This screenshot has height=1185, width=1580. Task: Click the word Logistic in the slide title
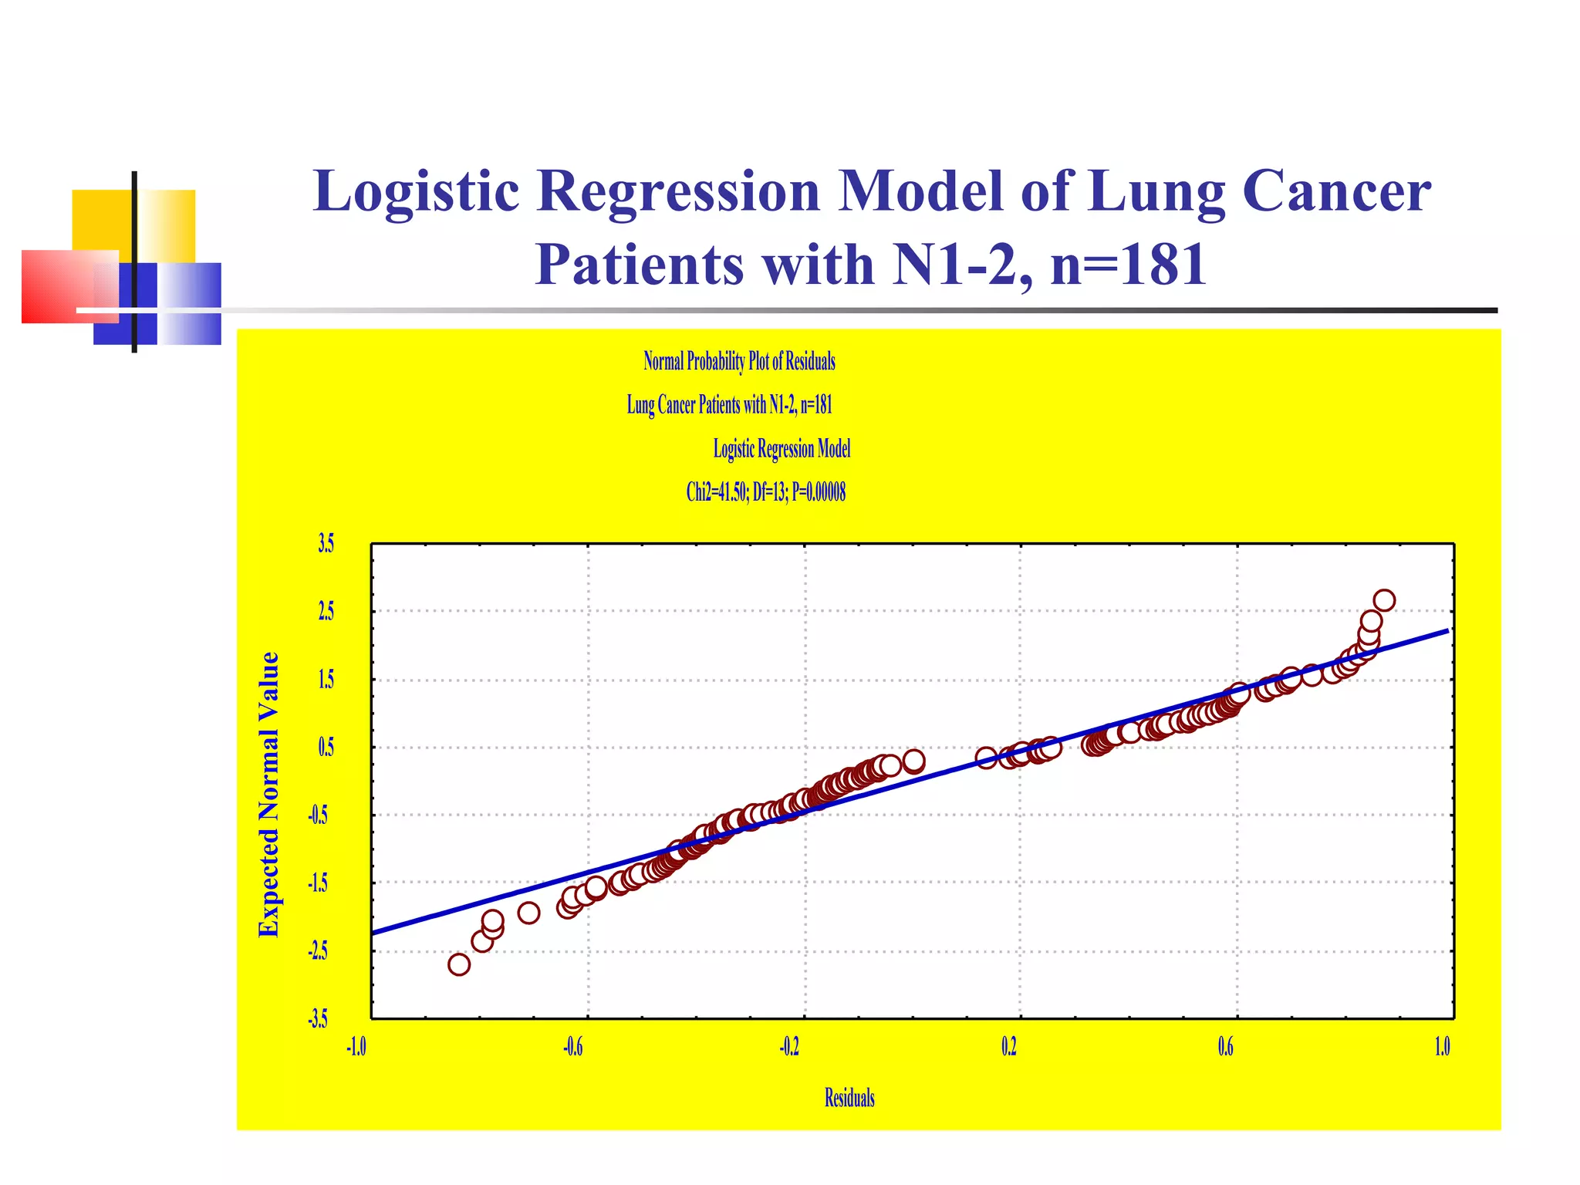[416, 191]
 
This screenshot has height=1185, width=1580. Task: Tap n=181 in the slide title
[1128, 265]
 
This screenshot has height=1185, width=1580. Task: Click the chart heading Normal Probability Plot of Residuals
[739, 361]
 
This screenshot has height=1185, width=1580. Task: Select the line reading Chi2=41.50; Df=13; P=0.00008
[765, 492]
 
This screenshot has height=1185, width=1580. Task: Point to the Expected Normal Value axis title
[268, 795]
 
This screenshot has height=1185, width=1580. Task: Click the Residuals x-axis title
[849, 1098]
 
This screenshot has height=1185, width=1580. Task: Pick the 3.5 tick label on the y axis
[326, 544]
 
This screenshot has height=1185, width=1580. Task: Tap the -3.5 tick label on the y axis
[318, 1019]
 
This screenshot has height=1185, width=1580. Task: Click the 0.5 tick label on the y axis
[326, 748]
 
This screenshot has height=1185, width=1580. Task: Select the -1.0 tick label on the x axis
[356, 1047]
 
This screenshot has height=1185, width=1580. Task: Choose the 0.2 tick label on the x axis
[1009, 1047]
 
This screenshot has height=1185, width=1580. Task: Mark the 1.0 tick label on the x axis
[1442, 1047]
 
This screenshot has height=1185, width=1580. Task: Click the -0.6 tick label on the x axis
[572, 1047]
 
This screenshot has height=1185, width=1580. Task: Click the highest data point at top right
[1384, 600]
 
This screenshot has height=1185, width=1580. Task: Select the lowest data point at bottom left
[459, 964]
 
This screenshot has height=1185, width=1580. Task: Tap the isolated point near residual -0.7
[528, 913]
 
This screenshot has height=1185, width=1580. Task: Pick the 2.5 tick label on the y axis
[326, 612]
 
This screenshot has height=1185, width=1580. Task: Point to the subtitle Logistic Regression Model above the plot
[781, 449]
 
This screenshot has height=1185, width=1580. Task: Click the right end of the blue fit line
[1447, 631]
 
